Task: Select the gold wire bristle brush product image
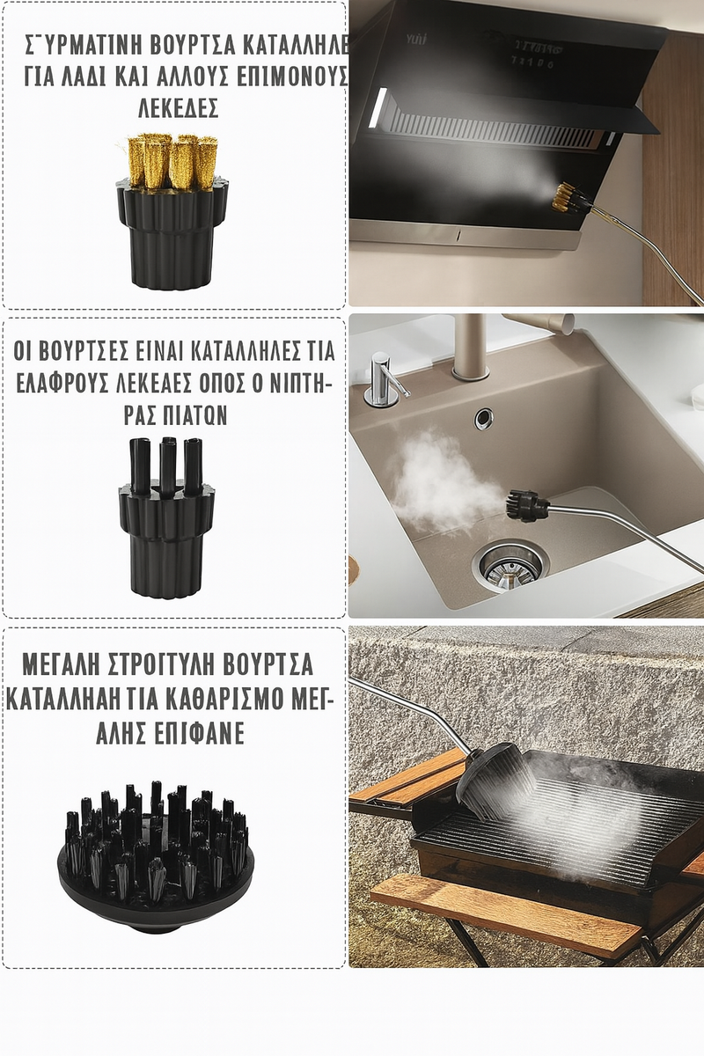coord(173,210)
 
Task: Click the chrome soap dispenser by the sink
coord(382,380)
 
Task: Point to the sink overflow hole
coord(484,418)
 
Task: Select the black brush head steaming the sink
coord(526,505)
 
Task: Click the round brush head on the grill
coord(495,780)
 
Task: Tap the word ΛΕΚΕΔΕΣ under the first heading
coord(178,108)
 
